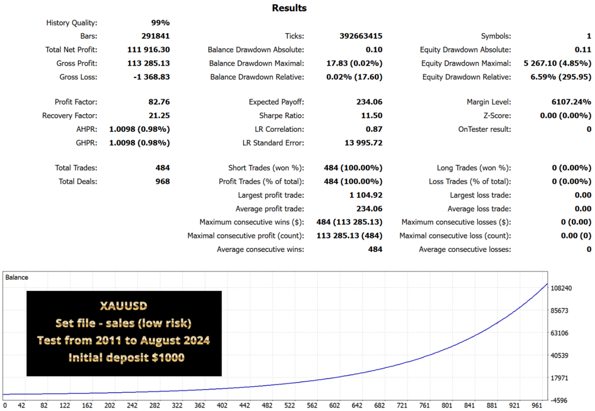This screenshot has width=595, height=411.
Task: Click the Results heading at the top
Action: pos(289,8)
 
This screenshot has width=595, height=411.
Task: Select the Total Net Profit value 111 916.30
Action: pos(149,50)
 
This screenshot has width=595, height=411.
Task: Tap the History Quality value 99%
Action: pos(160,22)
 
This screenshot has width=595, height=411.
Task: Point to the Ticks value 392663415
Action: pos(361,36)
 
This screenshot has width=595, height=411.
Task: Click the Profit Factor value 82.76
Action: pos(159,102)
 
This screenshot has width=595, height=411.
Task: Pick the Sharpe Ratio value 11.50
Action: pos(371,116)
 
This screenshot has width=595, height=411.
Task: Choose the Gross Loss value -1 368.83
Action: pos(152,77)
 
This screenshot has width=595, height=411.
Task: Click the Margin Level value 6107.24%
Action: pos(571,102)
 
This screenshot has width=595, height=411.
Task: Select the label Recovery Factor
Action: pos(69,116)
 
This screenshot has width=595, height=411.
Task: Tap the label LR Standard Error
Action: pos(273,143)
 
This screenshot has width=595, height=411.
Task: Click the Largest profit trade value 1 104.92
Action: pos(366,195)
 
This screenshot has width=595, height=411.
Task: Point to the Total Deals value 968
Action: pos(162,182)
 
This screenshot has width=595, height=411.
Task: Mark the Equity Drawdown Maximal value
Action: pos(558,63)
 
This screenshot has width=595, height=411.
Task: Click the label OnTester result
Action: pos(484,130)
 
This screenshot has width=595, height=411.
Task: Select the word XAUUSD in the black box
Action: pos(124,306)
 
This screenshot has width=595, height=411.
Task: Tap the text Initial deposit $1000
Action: pos(126,358)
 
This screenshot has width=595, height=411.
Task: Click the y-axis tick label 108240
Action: pos(561,288)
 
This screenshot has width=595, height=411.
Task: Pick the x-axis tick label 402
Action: pos(222,405)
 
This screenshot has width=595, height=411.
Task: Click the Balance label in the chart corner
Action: pos(17,277)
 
